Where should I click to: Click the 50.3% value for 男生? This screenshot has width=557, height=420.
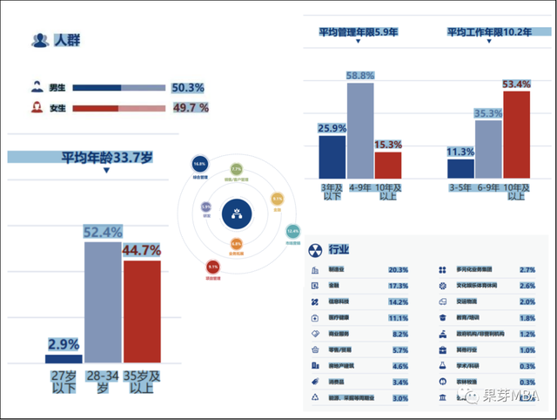point(187,88)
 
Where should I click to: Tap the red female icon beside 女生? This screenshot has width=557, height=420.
point(37,108)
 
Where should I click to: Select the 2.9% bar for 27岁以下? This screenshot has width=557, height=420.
point(64,358)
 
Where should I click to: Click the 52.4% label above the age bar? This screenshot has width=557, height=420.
point(102,233)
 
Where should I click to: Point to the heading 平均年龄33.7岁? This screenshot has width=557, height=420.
point(106,158)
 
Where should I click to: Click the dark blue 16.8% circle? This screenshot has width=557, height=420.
point(199,165)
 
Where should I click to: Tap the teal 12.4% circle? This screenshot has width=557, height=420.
point(292,232)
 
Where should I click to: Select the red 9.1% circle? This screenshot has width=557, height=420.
point(213,267)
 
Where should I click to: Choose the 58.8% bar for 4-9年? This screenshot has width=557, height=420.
point(359,131)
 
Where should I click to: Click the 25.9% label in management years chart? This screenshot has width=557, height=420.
point(332,128)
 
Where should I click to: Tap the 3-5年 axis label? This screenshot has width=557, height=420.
point(460,186)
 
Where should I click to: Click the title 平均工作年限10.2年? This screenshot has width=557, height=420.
point(489,32)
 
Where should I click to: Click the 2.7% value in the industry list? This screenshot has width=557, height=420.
point(527,270)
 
